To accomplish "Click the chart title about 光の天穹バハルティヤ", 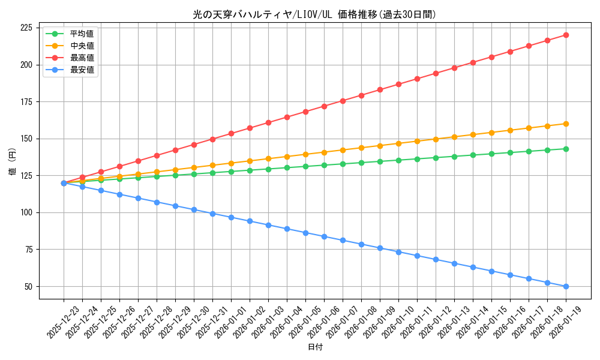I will tap(314, 14).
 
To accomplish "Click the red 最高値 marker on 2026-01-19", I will tap(566, 35).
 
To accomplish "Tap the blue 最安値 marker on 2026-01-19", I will tap(566, 286).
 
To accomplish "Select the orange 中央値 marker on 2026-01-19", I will tap(566, 124).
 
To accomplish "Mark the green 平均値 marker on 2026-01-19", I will tap(566, 149).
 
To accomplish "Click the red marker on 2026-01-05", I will tap(305, 112).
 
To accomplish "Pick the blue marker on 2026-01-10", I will tap(398, 252).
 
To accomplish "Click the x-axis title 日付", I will tap(315, 347).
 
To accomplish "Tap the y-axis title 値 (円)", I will tap(13, 162).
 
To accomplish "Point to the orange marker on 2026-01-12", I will tap(436, 139).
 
